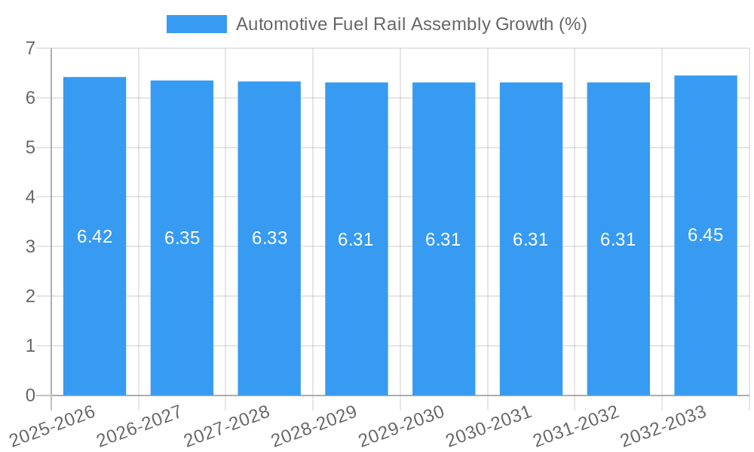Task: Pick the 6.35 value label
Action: point(182,238)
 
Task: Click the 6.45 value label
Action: point(706,235)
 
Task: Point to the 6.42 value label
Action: point(95,237)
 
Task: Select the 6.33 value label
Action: point(270,238)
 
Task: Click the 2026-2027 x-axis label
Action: point(139,425)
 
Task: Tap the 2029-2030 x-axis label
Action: point(401,425)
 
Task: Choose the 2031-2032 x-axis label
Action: point(576,425)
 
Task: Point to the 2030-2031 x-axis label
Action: point(489,425)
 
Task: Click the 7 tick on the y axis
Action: point(30,48)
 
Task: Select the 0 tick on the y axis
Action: point(30,395)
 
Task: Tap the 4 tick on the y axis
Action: point(30,197)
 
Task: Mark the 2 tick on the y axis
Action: point(30,296)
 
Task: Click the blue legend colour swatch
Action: point(196,24)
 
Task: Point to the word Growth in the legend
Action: point(524,24)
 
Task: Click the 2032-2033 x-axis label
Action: point(663,425)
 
